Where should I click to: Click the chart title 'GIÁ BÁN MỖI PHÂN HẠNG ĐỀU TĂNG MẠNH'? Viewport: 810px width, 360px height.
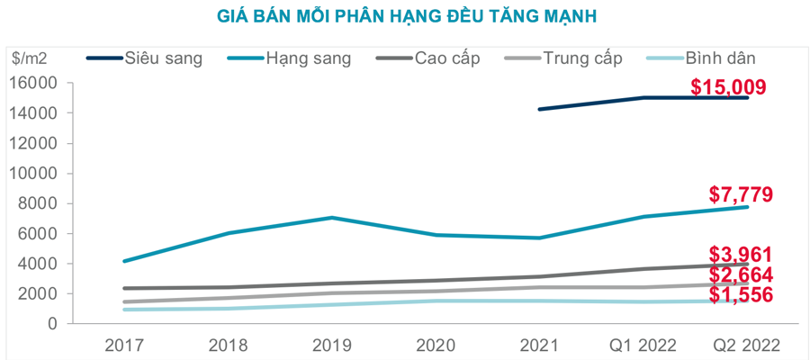(407, 16)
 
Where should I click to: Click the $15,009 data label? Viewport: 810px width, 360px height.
(728, 87)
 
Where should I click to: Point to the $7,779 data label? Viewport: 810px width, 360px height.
(741, 194)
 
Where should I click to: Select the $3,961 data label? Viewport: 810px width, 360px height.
(741, 255)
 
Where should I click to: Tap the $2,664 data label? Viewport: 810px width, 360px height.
(741, 274)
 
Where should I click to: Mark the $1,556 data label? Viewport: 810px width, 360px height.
(741, 295)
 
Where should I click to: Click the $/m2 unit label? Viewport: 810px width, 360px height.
(31, 58)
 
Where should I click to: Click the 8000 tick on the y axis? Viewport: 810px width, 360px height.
(40, 203)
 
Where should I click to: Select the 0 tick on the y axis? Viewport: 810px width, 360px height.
(53, 324)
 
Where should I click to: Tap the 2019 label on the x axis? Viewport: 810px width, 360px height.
(332, 346)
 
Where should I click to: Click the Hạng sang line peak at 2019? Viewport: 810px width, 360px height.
(332, 218)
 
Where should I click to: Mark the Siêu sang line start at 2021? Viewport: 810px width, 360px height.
(538, 109)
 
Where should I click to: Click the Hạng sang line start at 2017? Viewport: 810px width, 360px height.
(126, 261)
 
